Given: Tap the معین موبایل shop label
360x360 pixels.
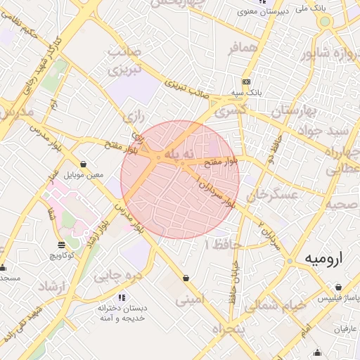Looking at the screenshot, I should (84, 174).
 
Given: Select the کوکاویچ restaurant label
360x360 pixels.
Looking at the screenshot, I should (62, 254).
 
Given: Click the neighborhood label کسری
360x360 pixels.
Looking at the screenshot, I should (230, 112).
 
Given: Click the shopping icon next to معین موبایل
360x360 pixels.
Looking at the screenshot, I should (84, 163).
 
